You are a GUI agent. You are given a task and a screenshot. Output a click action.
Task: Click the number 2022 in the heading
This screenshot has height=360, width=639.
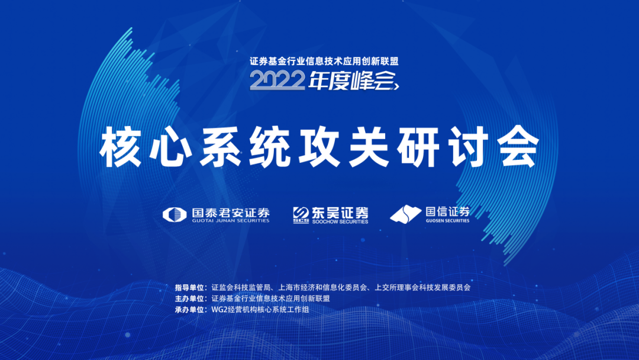277,80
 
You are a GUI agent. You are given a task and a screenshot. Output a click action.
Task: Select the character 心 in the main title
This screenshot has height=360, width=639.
170,147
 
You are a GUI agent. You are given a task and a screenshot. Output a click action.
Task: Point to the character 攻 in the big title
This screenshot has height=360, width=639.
319,147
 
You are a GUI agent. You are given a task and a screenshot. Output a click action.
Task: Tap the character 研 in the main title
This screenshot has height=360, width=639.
418,147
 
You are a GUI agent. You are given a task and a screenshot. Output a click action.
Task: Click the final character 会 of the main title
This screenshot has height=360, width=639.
518,147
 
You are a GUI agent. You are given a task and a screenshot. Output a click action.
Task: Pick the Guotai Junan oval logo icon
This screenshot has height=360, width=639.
175,214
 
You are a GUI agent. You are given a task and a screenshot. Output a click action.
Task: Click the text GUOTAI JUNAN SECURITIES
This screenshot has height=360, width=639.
231,221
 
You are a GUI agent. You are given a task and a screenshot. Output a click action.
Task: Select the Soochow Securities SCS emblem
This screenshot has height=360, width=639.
301,215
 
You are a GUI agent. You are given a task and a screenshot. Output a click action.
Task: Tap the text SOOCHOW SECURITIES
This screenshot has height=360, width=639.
340,222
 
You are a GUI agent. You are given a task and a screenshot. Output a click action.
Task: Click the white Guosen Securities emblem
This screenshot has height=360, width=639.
405,214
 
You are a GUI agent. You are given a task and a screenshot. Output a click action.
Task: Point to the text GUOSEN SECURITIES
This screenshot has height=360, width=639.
447,221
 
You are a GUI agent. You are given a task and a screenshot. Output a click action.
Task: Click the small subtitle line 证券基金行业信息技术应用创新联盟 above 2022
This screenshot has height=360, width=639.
324,61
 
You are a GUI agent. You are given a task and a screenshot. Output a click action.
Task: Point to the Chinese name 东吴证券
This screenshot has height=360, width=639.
340,213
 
